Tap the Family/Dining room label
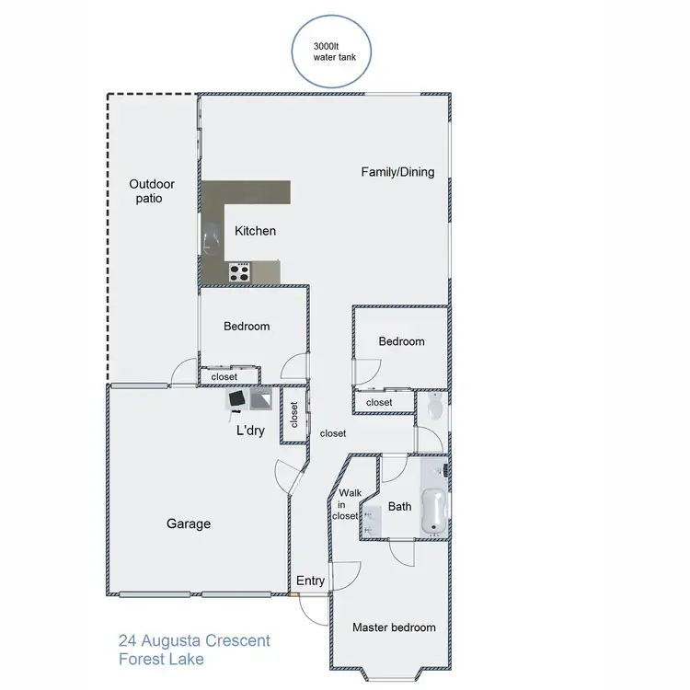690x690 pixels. tap(397, 172)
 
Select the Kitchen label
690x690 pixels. tap(255, 231)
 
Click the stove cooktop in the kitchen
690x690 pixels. tap(239, 271)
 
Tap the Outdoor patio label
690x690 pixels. tap(152, 190)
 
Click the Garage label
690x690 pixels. tap(189, 523)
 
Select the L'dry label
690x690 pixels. tap(250, 430)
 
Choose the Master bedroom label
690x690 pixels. tap(394, 627)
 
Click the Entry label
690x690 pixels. tap(310, 581)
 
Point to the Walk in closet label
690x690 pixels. tap(346, 504)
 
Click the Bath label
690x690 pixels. tap(399, 506)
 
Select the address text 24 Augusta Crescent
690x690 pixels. tap(194, 640)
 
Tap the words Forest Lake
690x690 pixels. tap(161, 660)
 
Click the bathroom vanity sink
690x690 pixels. tap(372, 519)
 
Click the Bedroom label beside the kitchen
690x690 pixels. tap(247, 327)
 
